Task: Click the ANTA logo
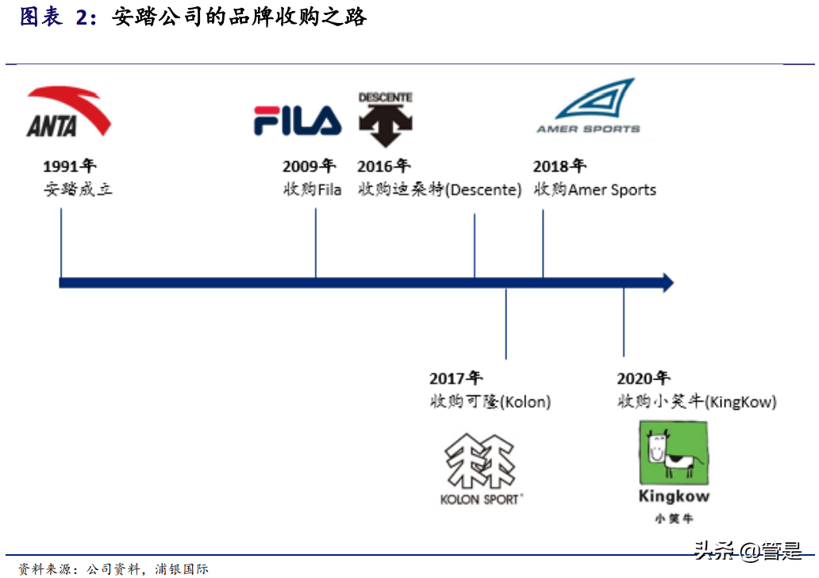point(68,114)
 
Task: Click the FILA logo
point(298,121)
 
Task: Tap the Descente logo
point(386,120)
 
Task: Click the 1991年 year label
point(69,166)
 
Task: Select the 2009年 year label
point(309,166)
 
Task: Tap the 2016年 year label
point(383,166)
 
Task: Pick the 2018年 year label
point(559,166)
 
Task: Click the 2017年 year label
point(456,379)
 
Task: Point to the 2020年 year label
point(644,379)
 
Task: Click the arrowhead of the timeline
point(667,283)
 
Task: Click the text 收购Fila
point(312,190)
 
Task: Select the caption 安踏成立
point(78,190)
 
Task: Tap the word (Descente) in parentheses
point(483,190)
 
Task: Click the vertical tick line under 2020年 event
point(624,322)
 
